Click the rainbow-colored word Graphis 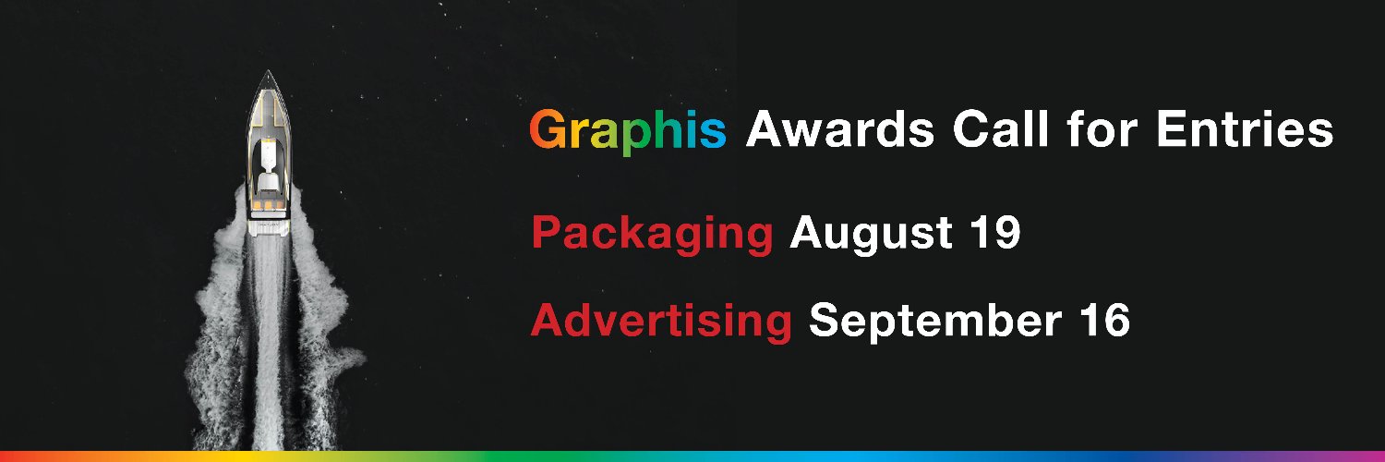pyautogui.click(x=628, y=132)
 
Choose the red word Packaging pyautogui.click(x=652, y=234)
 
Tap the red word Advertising pyautogui.click(x=661, y=321)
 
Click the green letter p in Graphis pyautogui.click(x=637, y=137)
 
